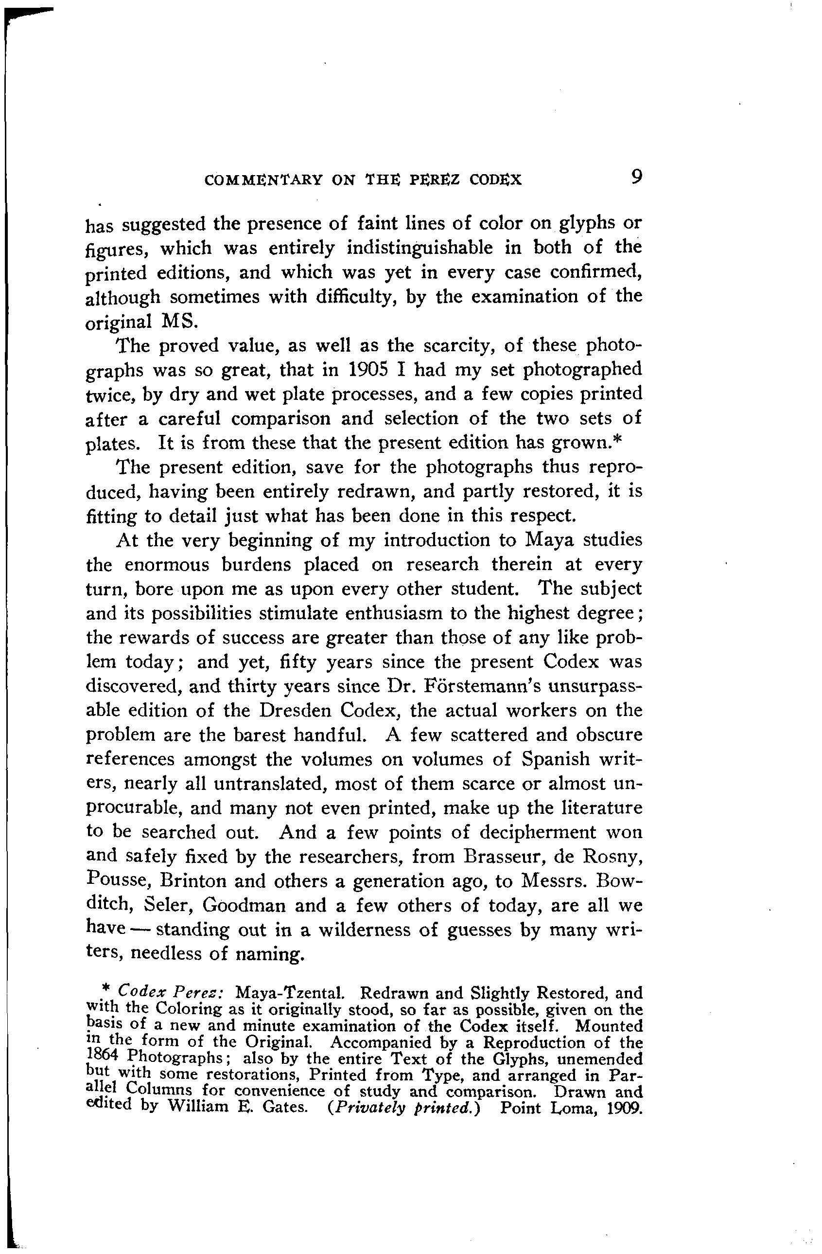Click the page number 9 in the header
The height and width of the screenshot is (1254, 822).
tap(636, 178)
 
